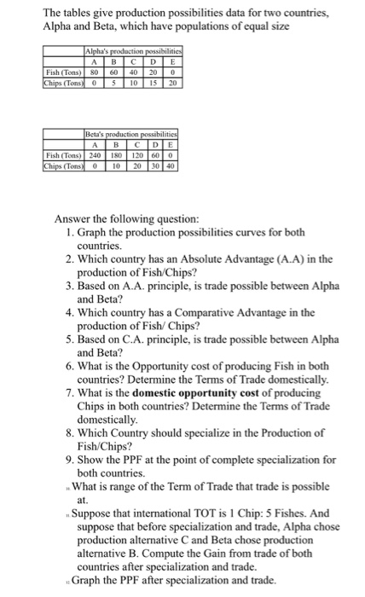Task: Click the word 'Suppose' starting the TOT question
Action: (x=94, y=513)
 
